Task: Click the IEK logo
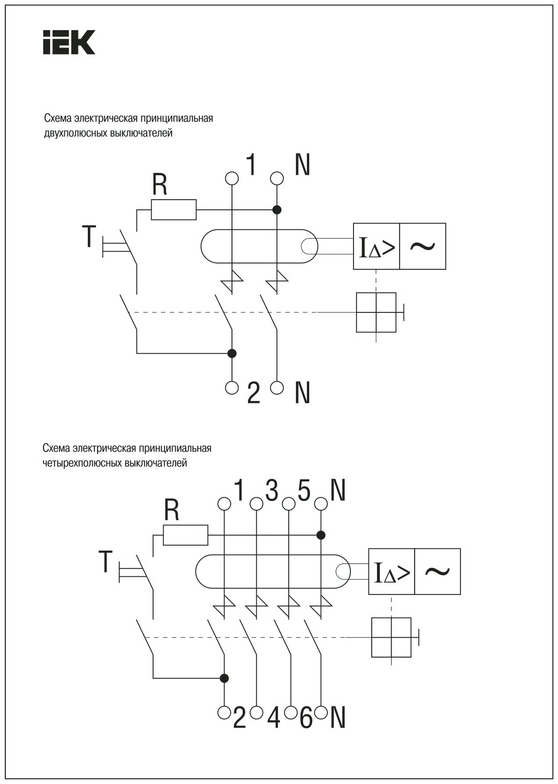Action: tap(69, 42)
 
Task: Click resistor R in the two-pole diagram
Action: tap(173, 209)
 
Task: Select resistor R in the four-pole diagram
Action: tap(185, 535)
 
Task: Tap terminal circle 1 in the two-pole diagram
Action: tap(232, 178)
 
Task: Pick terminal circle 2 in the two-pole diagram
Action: tap(232, 387)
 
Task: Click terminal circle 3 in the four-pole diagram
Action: tap(256, 504)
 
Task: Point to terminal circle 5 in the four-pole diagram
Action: tap(289, 504)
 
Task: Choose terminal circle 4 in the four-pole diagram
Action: tap(256, 713)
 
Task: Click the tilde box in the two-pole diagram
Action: tap(422, 246)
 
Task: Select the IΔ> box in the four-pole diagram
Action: tap(392, 572)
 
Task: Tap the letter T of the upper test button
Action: tap(89, 236)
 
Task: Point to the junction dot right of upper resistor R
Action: tap(277, 209)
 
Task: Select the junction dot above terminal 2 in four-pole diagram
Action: tap(224, 678)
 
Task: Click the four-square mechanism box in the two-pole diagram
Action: tap(376, 312)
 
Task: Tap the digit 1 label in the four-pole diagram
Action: tap(240, 491)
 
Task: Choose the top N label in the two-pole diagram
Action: tap(302, 165)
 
